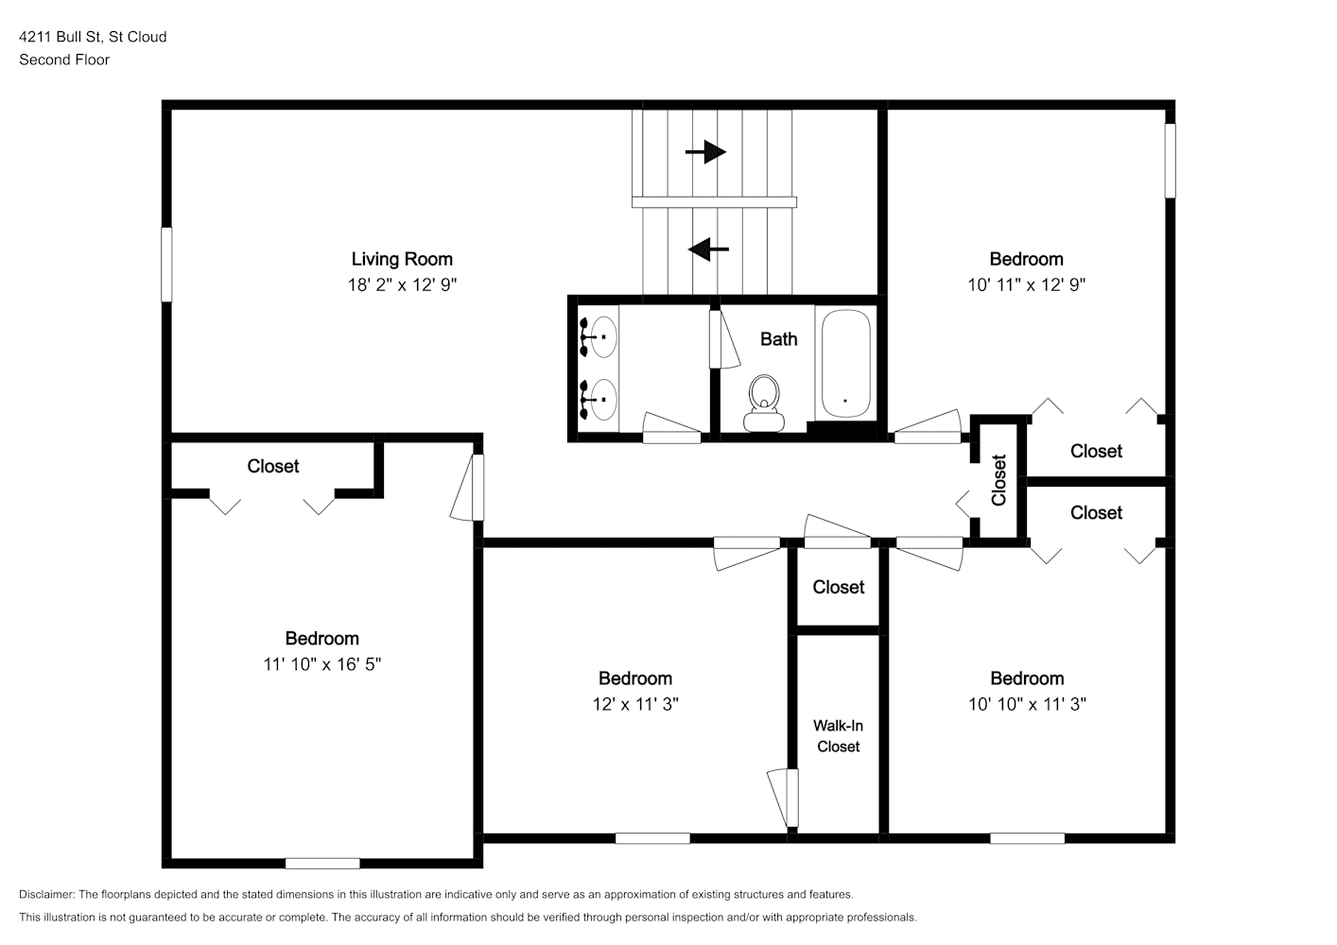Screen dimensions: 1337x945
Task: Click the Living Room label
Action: [x=402, y=259]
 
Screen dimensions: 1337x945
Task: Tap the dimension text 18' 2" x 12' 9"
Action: [x=402, y=284]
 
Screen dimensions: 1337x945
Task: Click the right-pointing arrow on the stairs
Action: [x=705, y=151]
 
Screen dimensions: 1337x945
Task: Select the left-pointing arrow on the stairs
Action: [x=708, y=249]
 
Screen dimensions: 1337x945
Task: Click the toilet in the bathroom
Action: [x=764, y=404]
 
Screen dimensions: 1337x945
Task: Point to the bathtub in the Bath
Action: [x=845, y=363]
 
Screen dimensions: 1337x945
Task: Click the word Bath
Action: [x=778, y=339]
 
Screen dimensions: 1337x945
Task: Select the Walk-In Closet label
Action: [x=838, y=735]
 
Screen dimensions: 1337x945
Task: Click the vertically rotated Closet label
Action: [x=999, y=480]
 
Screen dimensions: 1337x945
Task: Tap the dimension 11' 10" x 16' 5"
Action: [x=321, y=664]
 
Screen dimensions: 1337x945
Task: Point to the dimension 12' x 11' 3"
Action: [x=635, y=704]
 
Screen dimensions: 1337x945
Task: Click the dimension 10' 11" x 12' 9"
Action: [x=1026, y=284]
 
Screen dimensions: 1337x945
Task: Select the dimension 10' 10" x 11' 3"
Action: [x=1027, y=704]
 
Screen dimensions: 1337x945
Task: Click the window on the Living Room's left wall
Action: [x=167, y=265]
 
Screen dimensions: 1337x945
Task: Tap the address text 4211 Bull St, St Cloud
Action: [x=93, y=37]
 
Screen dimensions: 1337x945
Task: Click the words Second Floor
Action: [x=64, y=60]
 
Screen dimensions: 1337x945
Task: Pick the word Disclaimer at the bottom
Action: [x=47, y=894]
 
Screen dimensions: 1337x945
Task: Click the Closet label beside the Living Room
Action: [x=272, y=466]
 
